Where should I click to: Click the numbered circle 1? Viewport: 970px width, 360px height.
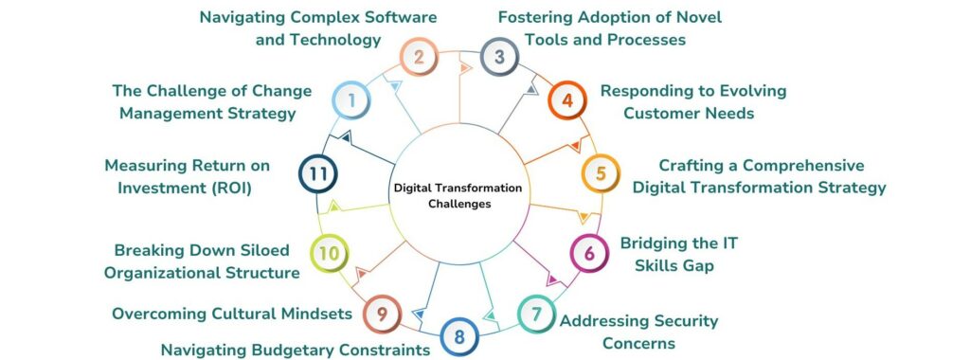coord(351,99)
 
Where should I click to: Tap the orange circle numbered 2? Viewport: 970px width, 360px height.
coord(419,58)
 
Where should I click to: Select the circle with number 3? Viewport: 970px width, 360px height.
coord(499,58)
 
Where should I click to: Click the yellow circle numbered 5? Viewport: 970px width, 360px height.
coord(600,174)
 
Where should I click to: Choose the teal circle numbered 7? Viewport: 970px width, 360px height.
coord(536,312)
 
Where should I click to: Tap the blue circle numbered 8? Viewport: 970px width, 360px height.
coord(459,335)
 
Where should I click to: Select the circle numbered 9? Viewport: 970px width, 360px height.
coord(382,313)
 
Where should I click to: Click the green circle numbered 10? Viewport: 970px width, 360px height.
coord(329,253)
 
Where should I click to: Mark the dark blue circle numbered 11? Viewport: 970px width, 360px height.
coord(318,174)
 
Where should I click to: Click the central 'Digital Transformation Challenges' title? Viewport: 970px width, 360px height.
coord(458,195)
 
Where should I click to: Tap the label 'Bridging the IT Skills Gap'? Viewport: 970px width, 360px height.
coord(678,254)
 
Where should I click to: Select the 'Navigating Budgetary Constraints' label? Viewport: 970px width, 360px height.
coord(296,351)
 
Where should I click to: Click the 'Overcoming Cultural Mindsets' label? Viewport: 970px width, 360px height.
coord(232,313)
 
